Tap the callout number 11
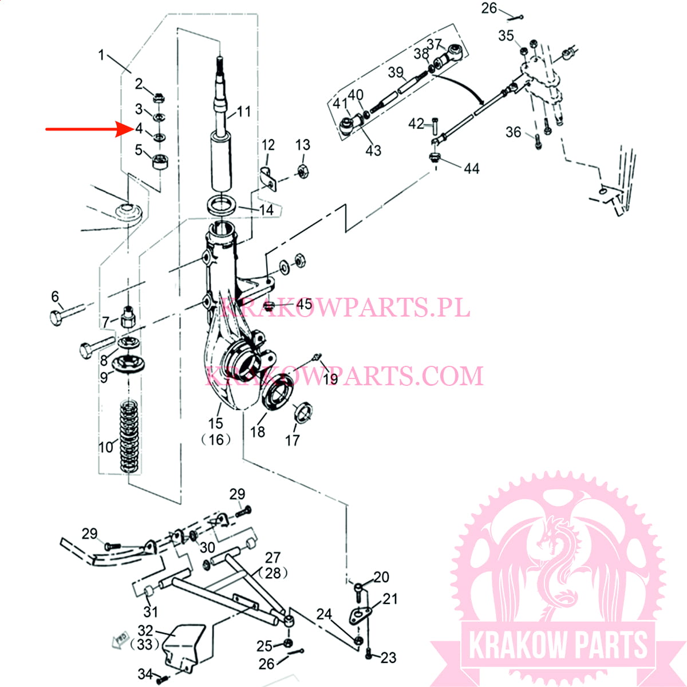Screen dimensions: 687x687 pos(244,111)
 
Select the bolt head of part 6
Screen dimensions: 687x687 pos(57,318)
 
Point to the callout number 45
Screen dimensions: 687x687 pos(305,303)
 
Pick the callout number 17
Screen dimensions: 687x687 pos(292,440)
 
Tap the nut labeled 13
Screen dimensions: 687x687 pos(302,171)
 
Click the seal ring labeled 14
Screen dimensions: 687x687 pos(220,204)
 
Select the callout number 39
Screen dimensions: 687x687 pos(396,72)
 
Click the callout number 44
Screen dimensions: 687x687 pos(472,168)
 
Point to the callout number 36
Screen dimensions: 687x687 pos(513,132)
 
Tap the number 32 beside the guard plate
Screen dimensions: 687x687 pos(145,630)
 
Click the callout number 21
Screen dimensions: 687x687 pos(390,599)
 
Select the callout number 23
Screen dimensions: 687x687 pos(389,658)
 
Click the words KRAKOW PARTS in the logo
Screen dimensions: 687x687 pos(558,645)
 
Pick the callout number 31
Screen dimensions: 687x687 pos(151,611)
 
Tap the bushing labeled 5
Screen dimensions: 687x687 pos(161,162)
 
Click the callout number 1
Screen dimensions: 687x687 pos(101,55)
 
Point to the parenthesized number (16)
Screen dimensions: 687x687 pos(216,439)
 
